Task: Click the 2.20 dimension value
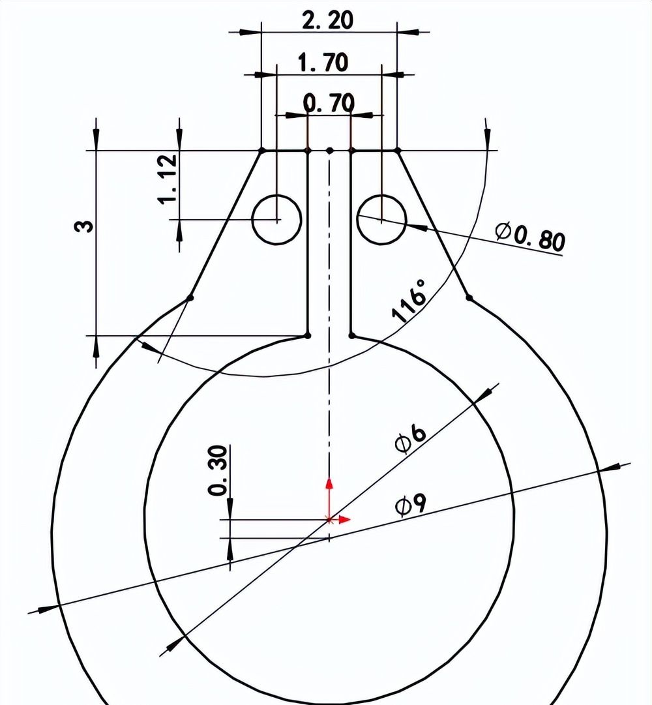point(327,20)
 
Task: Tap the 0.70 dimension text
point(329,102)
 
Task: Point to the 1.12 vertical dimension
point(168,179)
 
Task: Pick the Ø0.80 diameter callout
point(529,237)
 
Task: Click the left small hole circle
point(276,220)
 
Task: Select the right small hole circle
point(381,218)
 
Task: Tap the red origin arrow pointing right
point(344,520)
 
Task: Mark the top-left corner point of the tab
point(261,151)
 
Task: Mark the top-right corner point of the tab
point(398,151)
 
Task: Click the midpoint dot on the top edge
point(329,151)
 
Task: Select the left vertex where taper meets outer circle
point(190,298)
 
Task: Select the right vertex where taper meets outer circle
point(469,298)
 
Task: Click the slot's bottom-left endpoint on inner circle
point(307,336)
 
